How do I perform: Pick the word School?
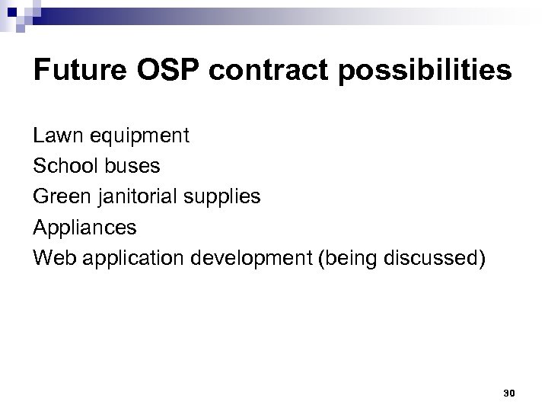63,166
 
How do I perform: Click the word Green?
61,196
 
